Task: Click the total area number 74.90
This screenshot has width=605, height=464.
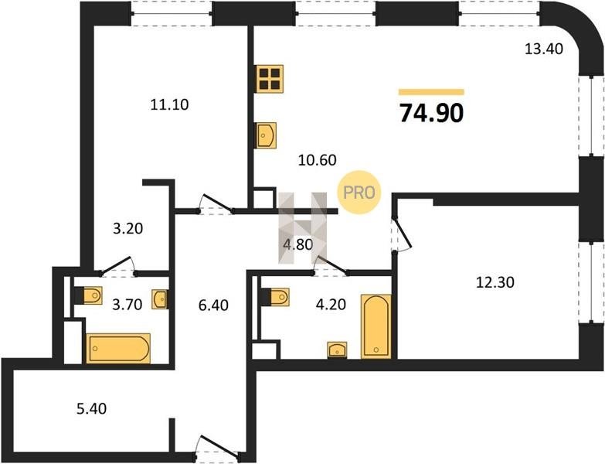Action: pos(431,113)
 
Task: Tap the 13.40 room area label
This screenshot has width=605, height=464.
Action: pos(544,49)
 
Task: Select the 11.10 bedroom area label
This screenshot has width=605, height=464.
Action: pos(169,104)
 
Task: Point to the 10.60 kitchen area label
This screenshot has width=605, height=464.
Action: pos(317,159)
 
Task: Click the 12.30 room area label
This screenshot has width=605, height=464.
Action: pos(495,282)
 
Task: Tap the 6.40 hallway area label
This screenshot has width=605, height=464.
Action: pos(213,305)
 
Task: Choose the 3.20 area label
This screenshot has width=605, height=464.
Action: pos(127,229)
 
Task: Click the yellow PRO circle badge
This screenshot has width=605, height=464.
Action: pos(359,193)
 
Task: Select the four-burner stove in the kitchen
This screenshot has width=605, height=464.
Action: pos(270,79)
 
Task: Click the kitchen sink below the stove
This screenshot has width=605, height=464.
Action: pos(267,135)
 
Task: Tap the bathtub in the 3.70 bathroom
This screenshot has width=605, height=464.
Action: pos(118,348)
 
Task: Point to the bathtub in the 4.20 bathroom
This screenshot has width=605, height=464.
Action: pos(376,326)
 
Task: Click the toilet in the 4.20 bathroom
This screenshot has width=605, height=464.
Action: pos(275,297)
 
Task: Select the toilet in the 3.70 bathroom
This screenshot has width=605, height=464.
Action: pos(88,295)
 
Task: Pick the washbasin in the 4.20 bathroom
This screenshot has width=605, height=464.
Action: pos(337,350)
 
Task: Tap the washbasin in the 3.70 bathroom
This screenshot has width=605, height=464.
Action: pos(159,299)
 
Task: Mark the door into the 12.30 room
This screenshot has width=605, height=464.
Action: pos(402,234)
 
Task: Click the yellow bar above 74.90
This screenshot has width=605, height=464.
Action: pos(431,92)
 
